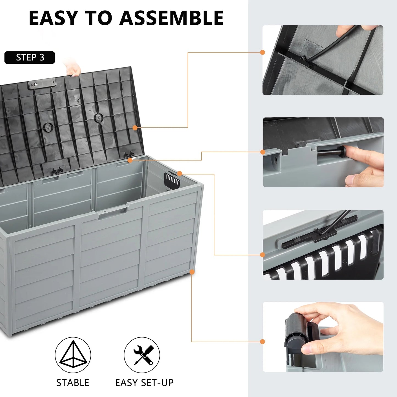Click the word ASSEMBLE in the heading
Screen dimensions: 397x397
171,18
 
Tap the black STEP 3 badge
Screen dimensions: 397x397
30,57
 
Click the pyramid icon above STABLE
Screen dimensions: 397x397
73,355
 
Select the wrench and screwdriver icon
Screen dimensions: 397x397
142,355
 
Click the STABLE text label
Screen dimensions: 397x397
73,382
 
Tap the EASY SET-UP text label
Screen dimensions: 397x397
144,382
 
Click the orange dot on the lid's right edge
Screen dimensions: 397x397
135,128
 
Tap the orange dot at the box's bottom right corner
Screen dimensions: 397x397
192,272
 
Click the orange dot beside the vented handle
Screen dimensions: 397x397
179,173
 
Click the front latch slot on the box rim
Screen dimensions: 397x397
113,213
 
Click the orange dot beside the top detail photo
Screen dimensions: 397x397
262,52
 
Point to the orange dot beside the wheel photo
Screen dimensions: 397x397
262,342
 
